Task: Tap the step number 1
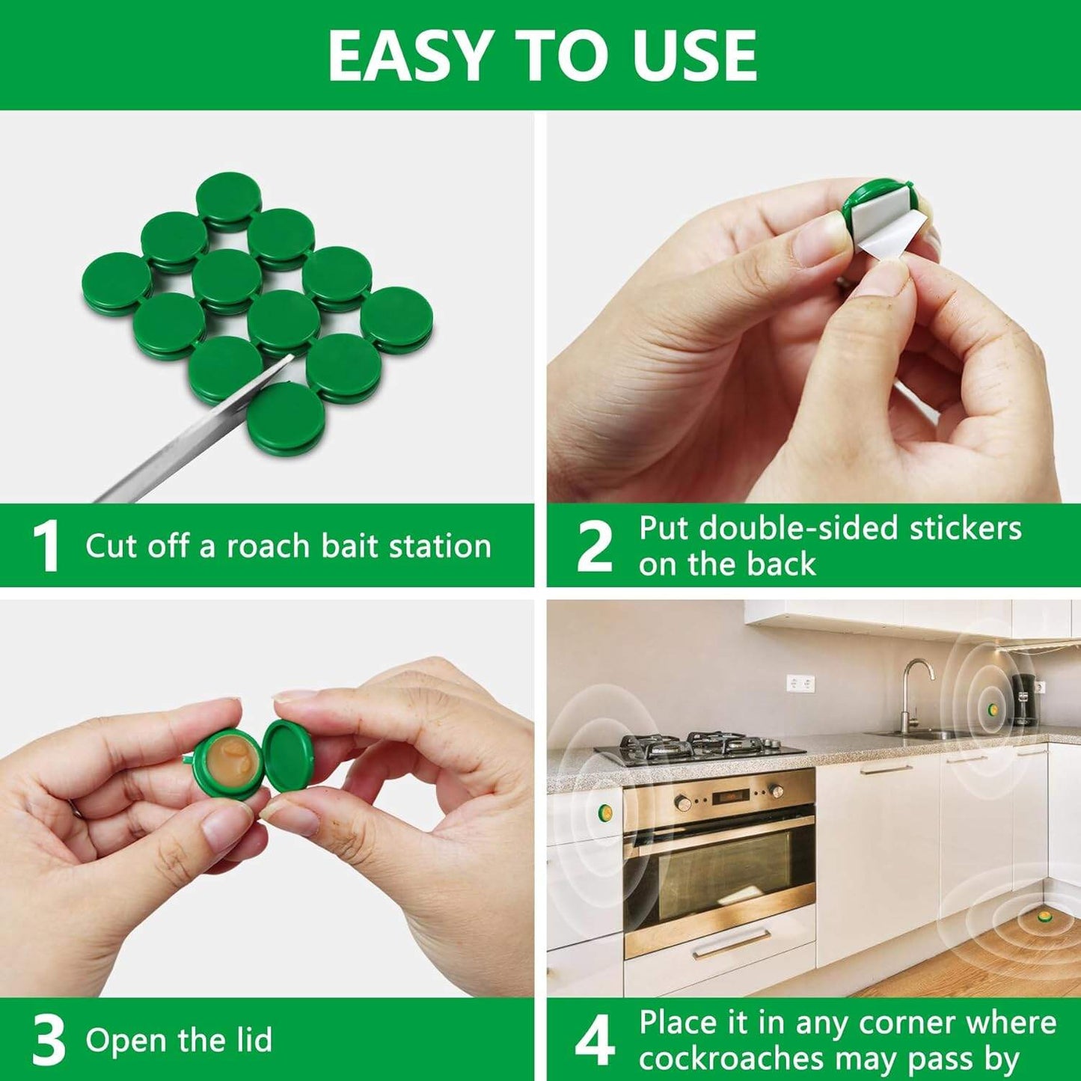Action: tap(46, 547)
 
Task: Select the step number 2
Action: tap(595, 547)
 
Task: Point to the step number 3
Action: tap(49, 1041)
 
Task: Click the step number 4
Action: tap(595, 1041)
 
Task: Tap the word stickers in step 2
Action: tap(964, 528)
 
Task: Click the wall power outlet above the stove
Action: tap(800, 682)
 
